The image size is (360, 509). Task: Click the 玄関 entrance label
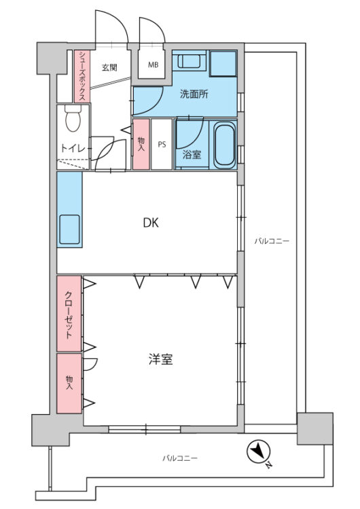click(x=110, y=67)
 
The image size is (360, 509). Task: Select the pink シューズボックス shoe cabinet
click(x=81, y=75)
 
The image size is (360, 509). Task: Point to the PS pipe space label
click(x=162, y=144)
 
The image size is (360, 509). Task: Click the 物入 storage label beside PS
click(x=141, y=144)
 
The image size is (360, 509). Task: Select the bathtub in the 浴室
click(x=223, y=145)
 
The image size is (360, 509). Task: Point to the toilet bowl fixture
click(x=72, y=121)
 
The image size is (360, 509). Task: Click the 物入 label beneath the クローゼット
click(x=69, y=382)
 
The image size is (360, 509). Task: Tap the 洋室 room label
click(x=160, y=359)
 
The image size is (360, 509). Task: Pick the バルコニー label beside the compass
click(x=180, y=458)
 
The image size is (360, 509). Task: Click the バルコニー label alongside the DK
click(x=267, y=240)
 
